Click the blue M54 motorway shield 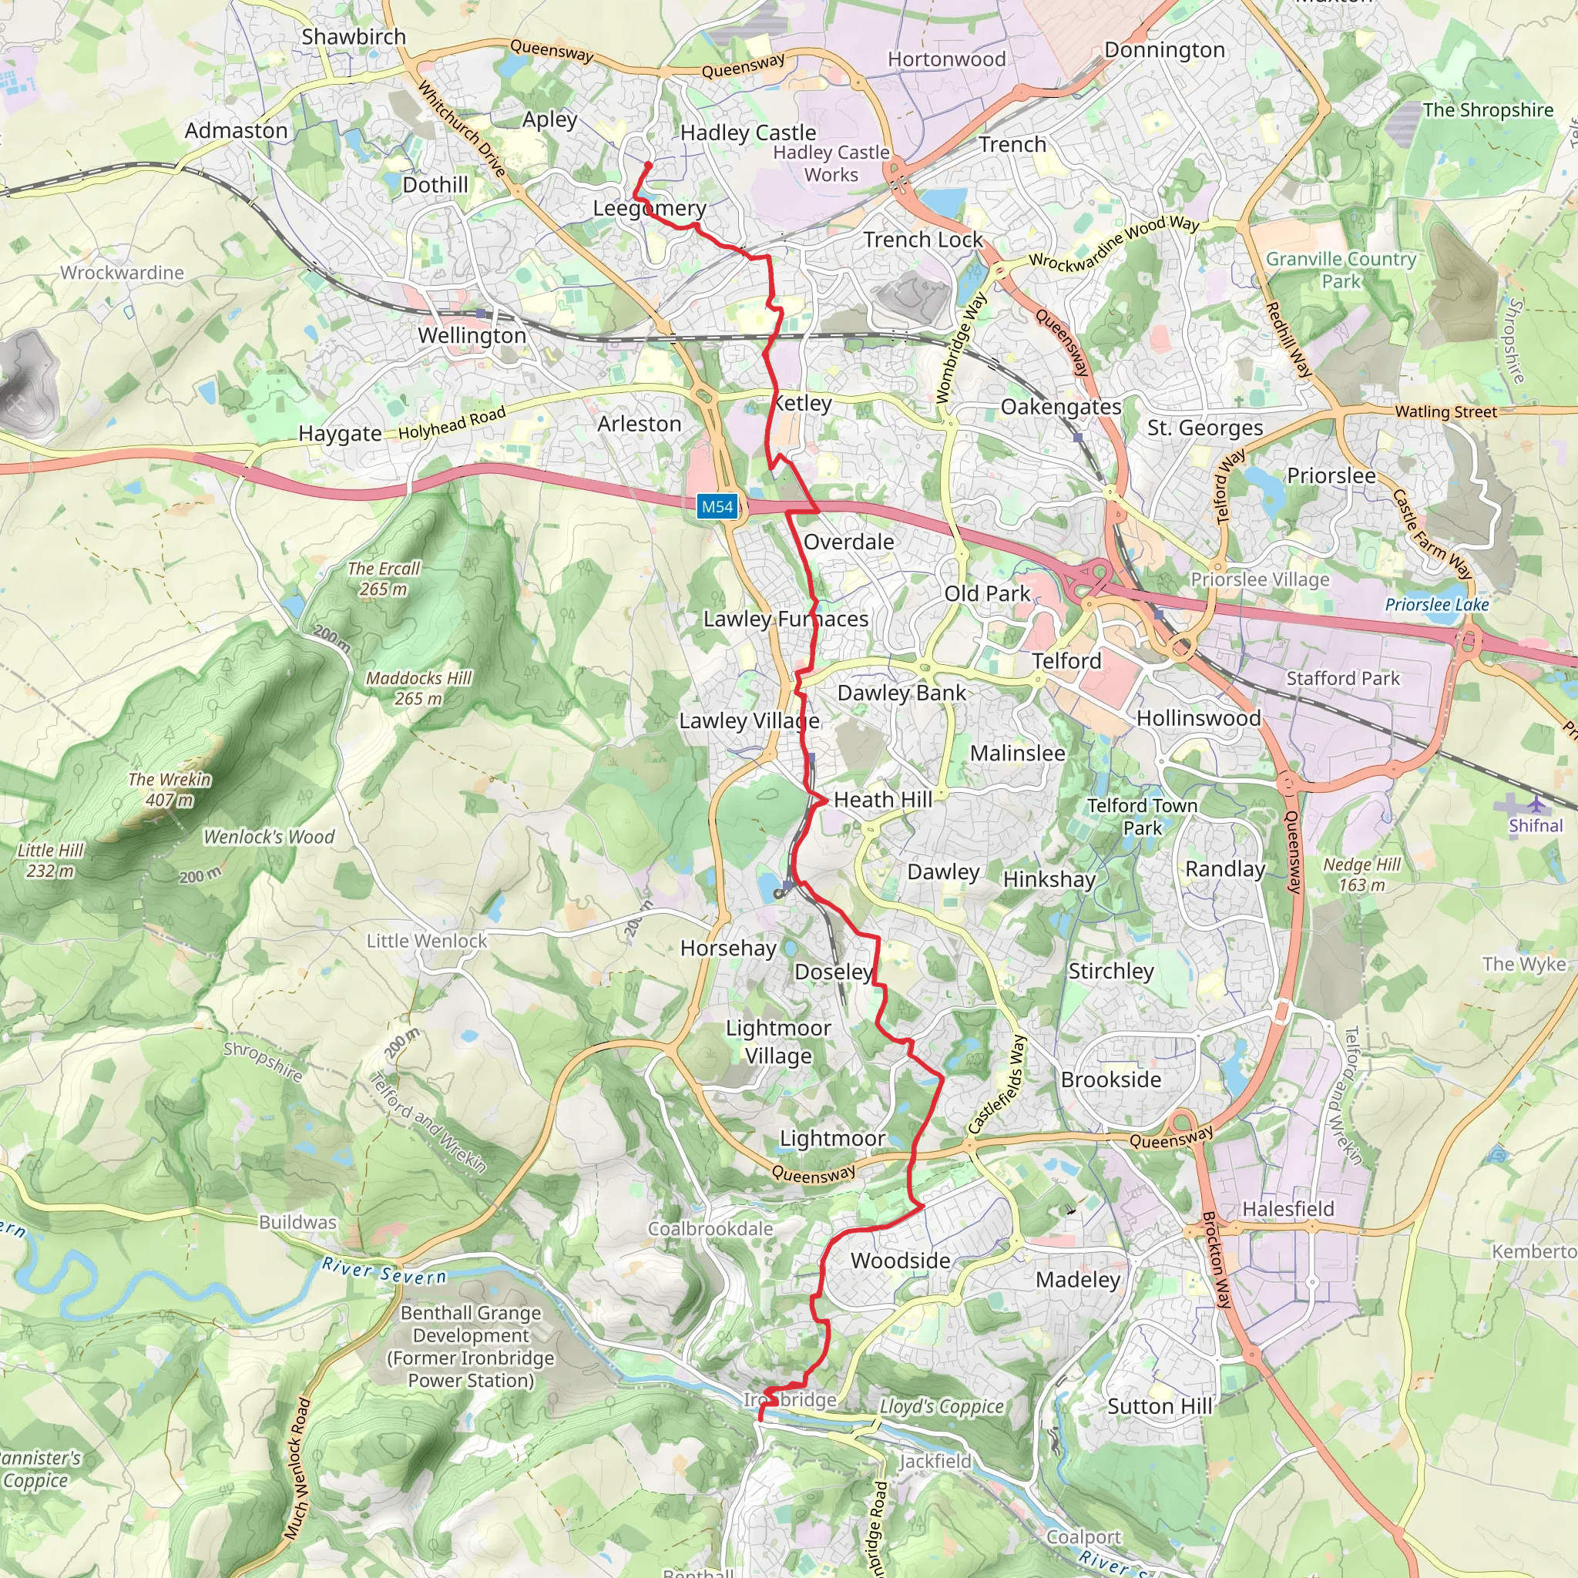click(x=717, y=506)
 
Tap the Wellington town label click(x=472, y=336)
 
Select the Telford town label click(x=1066, y=661)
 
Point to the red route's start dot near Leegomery click(x=649, y=165)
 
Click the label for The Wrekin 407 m click(x=169, y=789)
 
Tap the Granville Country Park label click(x=1341, y=270)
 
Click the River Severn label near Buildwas click(x=384, y=1271)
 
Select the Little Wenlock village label click(x=426, y=941)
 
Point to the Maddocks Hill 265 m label click(x=418, y=688)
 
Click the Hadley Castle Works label click(x=831, y=163)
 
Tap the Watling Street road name click(x=1445, y=411)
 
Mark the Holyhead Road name click(x=452, y=423)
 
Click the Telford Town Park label click(x=1142, y=816)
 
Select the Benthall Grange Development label click(x=471, y=1346)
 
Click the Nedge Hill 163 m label click(x=1361, y=874)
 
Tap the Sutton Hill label click(x=1159, y=1405)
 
